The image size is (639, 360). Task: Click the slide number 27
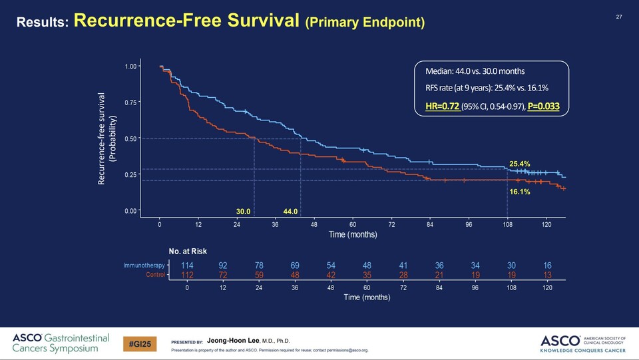[618, 17]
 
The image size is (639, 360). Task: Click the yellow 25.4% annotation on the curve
[519, 163]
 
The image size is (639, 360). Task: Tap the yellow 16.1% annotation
[519, 192]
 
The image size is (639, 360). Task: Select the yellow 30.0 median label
[244, 212]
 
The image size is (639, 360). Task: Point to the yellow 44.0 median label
[290, 212]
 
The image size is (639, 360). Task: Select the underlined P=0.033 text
[544, 106]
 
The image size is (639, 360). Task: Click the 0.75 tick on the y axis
[130, 103]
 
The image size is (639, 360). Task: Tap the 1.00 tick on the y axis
[130, 67]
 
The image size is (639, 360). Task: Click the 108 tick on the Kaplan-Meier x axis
[507, 225]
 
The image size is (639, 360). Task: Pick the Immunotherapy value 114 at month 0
[187, 266]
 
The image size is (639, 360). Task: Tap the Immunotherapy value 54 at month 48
[331, 266]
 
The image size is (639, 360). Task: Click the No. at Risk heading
[188, 251]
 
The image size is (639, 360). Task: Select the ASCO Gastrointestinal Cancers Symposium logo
[61, 343]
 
